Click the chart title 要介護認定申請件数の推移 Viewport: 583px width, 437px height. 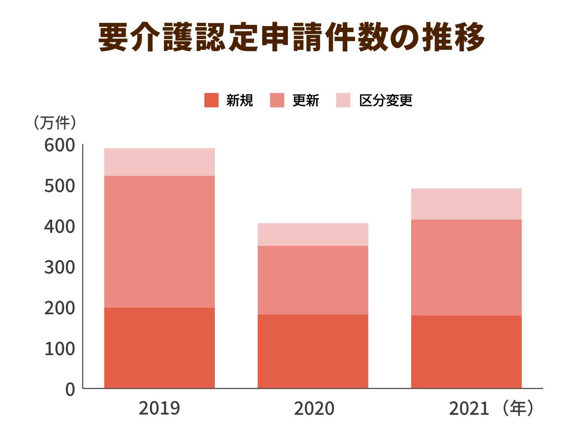(x=291, y=37)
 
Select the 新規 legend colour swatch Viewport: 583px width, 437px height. (x=211, y=100)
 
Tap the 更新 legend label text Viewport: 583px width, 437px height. (x=306, y=100)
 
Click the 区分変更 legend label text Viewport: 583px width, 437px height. (x=385, y=100)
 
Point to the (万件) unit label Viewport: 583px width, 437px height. (x=55, y=123)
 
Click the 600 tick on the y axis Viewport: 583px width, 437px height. (x=59, y=145)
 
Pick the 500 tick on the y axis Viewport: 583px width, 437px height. (x=59, y=186)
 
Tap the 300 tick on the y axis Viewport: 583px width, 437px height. (x=59, y=268)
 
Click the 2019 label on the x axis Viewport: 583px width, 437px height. (x=159, y=409)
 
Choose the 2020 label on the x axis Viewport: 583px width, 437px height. (x=314, y=409)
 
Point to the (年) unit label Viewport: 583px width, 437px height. (x=518, y=409)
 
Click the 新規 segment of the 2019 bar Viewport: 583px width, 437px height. (x=159, y=348)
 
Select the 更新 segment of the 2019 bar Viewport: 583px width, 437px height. (x=159, y=242)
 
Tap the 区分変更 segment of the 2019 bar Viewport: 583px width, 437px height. (x=159, y=162)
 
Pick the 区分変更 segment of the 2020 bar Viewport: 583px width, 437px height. (x=313, y=234)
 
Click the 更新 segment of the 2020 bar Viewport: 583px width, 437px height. (x=313, y=280)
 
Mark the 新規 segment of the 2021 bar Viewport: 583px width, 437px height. (x=466, y=352)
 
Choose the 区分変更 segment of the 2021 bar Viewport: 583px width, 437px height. (x=466, y=204)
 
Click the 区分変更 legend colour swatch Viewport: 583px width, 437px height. (x=343, y=100)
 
